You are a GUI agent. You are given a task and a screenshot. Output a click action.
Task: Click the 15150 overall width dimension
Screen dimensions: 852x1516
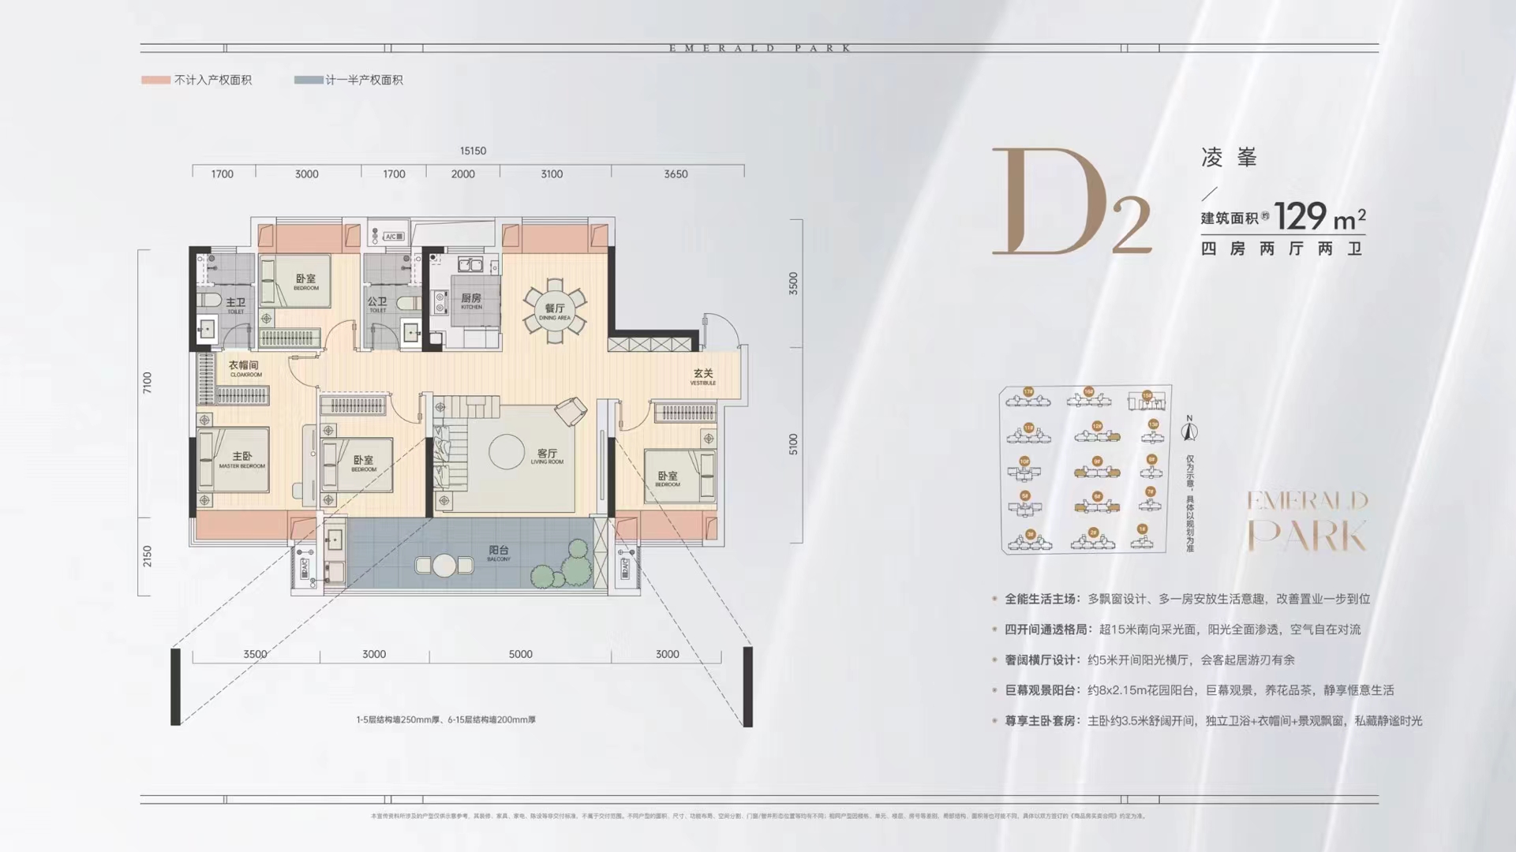coord(473,151)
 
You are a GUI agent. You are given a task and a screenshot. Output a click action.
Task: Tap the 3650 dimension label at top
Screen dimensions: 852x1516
coord(676,174)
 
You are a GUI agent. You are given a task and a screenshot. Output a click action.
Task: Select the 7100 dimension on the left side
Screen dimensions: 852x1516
coord(148,383)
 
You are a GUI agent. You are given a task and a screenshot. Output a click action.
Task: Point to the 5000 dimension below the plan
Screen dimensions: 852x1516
coord(520,654)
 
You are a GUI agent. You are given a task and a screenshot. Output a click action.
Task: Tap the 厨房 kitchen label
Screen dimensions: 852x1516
coord(471,299)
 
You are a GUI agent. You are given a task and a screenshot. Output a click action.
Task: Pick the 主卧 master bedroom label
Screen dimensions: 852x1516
coord(242,458)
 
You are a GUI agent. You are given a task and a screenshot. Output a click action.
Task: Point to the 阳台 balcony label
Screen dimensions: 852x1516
coord(499,551)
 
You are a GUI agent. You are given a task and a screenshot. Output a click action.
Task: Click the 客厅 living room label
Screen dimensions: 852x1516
coord(547,454)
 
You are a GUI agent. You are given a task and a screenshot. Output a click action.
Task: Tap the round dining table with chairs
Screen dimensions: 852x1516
coord(555,310)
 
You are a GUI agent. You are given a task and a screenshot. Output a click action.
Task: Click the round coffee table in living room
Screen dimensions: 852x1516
coord(507,452)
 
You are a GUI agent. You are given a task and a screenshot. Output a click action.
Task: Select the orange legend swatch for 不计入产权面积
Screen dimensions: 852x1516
coord(155,80)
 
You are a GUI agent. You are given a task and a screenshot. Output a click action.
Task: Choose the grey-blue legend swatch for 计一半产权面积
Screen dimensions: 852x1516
coord(308,80)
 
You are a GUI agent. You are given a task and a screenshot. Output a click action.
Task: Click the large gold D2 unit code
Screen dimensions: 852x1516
coord(1069,204)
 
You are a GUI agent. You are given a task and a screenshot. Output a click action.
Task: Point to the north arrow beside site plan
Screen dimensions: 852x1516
coord(1189,431)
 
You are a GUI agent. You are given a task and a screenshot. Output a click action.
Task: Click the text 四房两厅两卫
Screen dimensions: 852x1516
coord(1282,249)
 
